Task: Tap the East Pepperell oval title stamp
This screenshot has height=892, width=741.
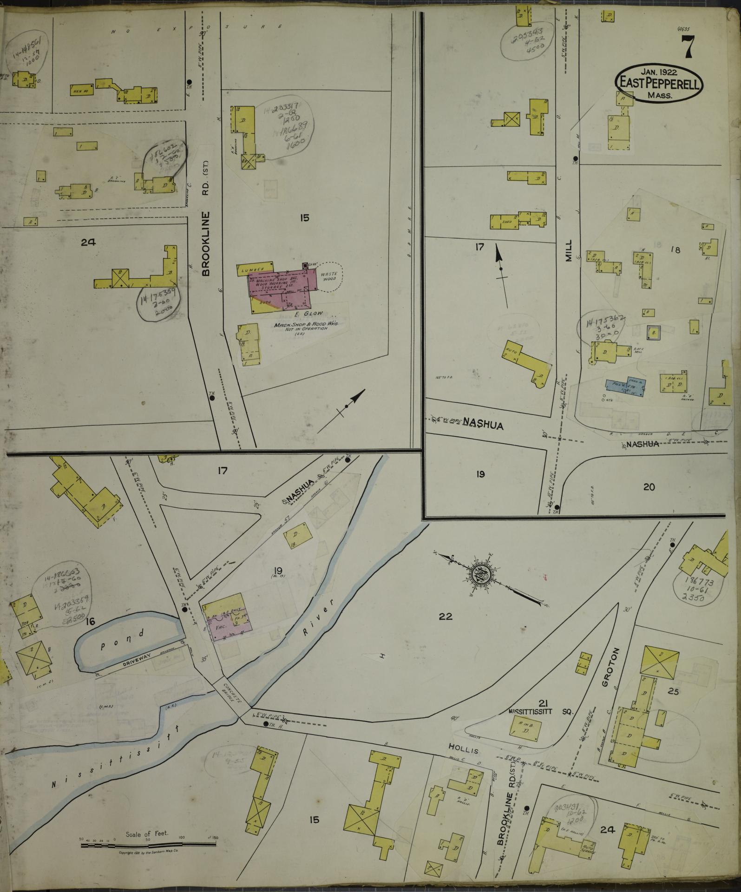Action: click(x=660, y=83)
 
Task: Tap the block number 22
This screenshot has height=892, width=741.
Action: click(x=445, y=617)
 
